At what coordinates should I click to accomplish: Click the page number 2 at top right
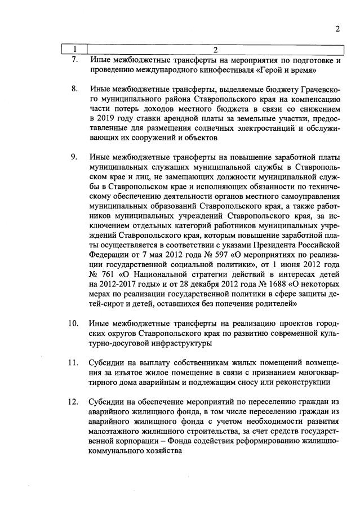click(x=337, y=30)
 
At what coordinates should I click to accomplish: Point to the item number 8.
click(x=74, y=89)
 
